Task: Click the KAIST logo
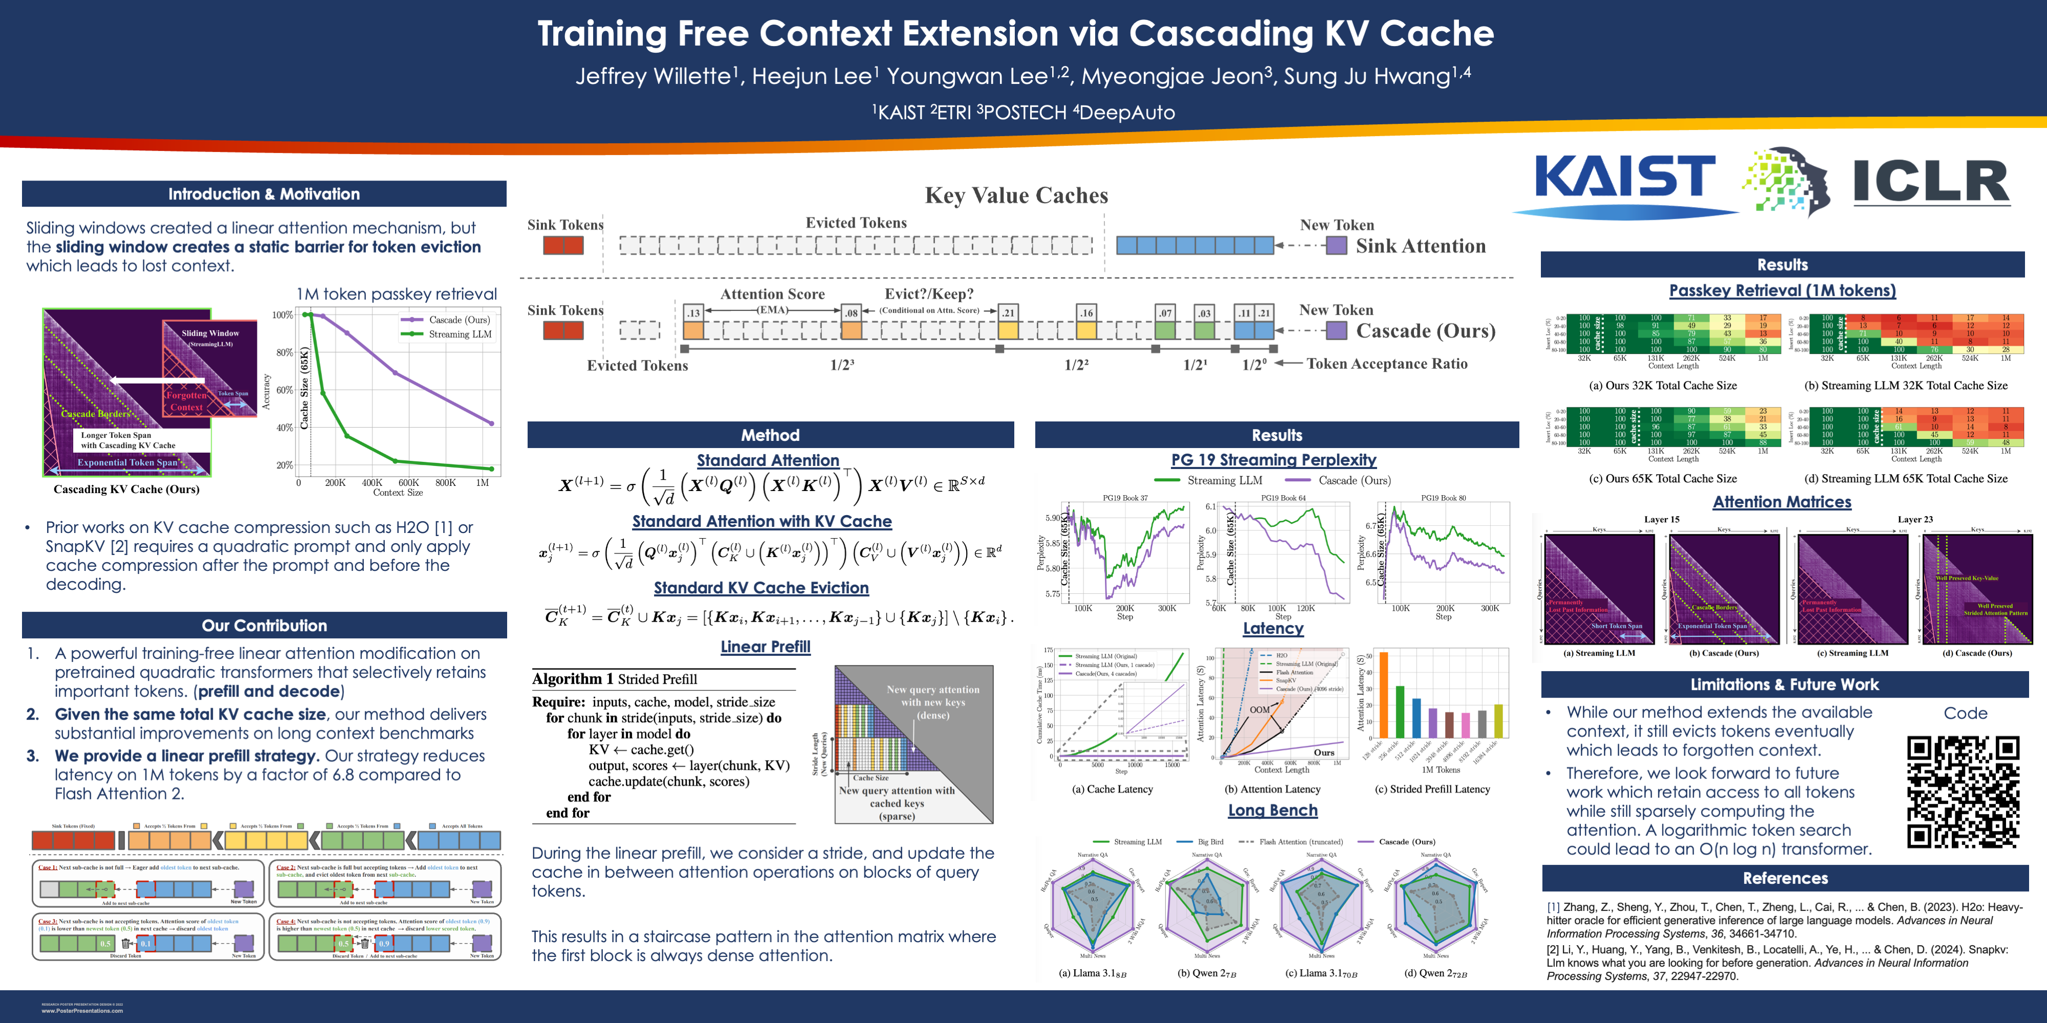(1625, 179)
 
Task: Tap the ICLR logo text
(1931, 181)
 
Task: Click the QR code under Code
(1962, 792)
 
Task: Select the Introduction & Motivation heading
(264, 194)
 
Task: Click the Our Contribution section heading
(264, 625)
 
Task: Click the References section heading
(1785, 878)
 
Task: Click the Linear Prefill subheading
(765, 647)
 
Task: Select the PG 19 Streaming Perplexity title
(1273, 460)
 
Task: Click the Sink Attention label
(1420, 246)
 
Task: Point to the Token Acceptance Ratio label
(1387, 364)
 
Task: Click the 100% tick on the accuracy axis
(283, 315)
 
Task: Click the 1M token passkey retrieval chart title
(397, 294)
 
